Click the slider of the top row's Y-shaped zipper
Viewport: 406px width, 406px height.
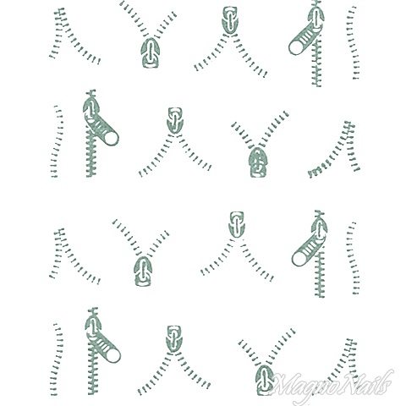pyautogui.click(x=151, y=53)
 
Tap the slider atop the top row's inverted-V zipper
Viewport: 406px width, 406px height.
pyautogui.click(x=230, y=20)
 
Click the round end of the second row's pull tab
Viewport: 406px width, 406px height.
pyautogui.click(x=111, y=138)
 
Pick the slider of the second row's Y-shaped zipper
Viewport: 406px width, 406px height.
pyautogui.click(x=258, y=162)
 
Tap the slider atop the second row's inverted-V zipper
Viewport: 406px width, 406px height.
pyautogui.click(x=175, y=121)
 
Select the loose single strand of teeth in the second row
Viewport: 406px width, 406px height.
pyautogui.click(x=56, y=141)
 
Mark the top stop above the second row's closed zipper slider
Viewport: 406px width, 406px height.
pyautogui.click(x=91, y=93)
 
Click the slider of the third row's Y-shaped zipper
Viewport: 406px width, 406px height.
pyautogui.click(x=144, y=272)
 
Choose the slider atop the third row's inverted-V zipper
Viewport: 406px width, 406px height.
pyautogui.click(x=237, y=224)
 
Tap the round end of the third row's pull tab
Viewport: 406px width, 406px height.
pyautogui.click(x=299, y=258)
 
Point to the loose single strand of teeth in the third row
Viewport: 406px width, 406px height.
pyautogui.click(x=353, y=258)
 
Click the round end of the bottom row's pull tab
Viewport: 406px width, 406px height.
pyautogui.click(x=113, y=355)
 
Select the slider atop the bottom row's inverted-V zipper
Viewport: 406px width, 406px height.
pyautogui.click(x=175, y=339)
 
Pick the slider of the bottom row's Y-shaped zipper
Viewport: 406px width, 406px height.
pyautogui.click(x=265, y=380)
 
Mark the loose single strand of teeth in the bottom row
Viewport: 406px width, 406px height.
pyautogui.click(x=57, y=359)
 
